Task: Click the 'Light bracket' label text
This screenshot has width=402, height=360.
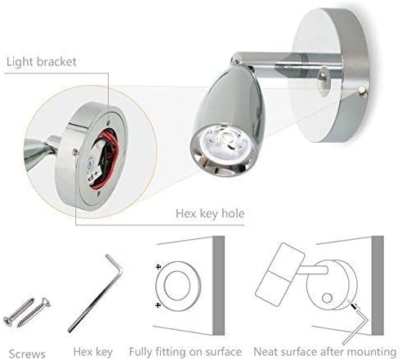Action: [42, 62]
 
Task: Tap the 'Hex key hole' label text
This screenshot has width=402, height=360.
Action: [210, 214]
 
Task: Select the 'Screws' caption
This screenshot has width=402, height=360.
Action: [27, 353]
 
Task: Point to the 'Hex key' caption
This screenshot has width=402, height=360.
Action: [93, 352]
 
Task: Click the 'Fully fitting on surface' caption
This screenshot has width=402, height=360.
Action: [185, 352]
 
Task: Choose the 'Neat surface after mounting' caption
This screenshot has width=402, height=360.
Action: [325, 352]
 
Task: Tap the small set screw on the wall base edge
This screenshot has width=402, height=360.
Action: [362, 91]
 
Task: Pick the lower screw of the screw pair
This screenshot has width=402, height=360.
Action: [34, 313]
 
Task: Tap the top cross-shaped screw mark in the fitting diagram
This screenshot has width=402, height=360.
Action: [159, 267]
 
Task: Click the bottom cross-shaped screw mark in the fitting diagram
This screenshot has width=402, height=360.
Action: [159, 305]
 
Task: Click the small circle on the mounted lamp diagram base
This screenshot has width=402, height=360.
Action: [327, 298]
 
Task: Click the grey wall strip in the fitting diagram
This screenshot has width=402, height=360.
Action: [218, 285]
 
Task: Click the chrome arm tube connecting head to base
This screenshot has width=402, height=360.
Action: [286, 64]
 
